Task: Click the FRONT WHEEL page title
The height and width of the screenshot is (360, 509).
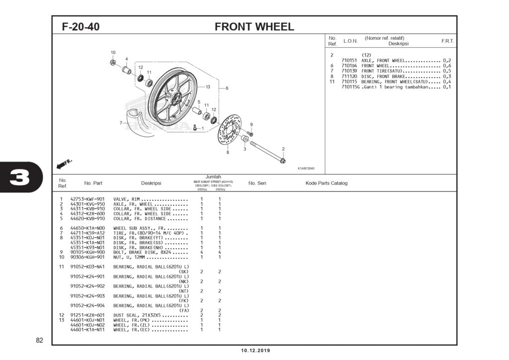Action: pos(254,26)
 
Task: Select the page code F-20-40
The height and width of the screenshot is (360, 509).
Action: pos(81,27)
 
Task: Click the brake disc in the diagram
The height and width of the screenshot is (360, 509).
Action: pos(228,130)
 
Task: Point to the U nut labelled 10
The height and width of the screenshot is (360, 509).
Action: pos(113,62)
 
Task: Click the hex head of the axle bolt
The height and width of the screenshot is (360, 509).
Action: pos(282,160)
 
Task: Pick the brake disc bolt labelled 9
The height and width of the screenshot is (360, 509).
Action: pos(250,134)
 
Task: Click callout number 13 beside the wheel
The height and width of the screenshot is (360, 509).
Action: pos(208,87)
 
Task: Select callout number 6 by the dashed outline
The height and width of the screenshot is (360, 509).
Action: pos(227,89)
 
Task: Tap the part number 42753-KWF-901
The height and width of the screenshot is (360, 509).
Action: pos(87,199)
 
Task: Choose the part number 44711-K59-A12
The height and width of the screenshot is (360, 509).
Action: pos(87,233)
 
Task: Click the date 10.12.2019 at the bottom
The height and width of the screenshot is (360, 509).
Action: pos(255,351)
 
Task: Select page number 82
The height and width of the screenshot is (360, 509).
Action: pos(40,341)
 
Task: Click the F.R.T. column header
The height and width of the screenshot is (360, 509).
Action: pos(447,41)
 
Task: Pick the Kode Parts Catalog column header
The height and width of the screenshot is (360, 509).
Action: pos(326,183)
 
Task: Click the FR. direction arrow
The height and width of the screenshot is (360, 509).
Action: pos(65,164)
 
